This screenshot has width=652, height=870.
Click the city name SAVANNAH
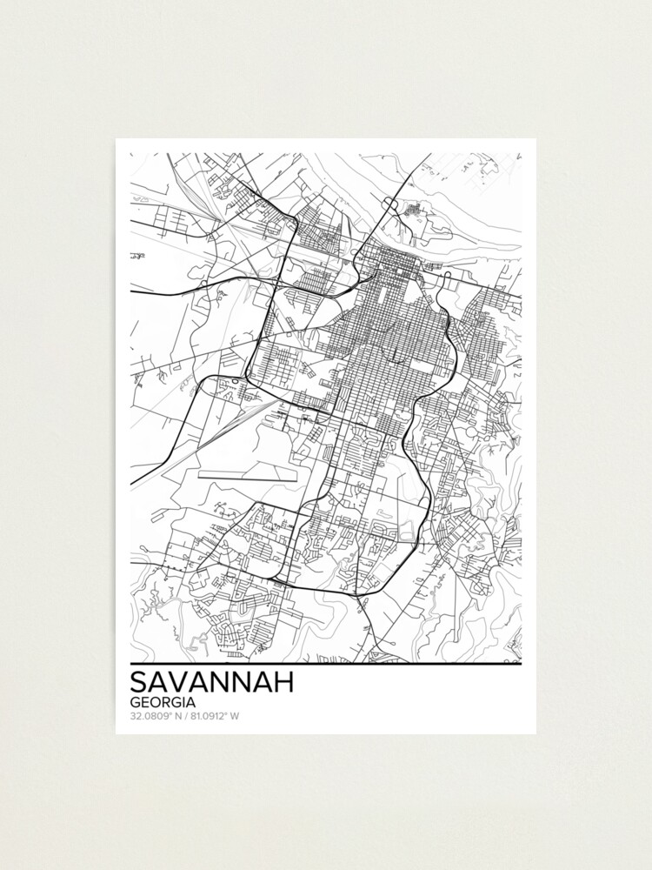pos(211,681)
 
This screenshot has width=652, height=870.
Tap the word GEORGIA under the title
pos(163,702)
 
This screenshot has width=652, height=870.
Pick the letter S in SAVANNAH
pos(139,681)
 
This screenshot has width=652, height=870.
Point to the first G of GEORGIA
pos(136,702)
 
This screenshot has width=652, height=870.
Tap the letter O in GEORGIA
pos(156,702)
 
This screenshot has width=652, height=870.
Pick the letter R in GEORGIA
pos(167,702)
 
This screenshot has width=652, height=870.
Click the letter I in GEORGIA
pos(183,702)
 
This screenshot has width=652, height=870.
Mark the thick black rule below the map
pos(326,665)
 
